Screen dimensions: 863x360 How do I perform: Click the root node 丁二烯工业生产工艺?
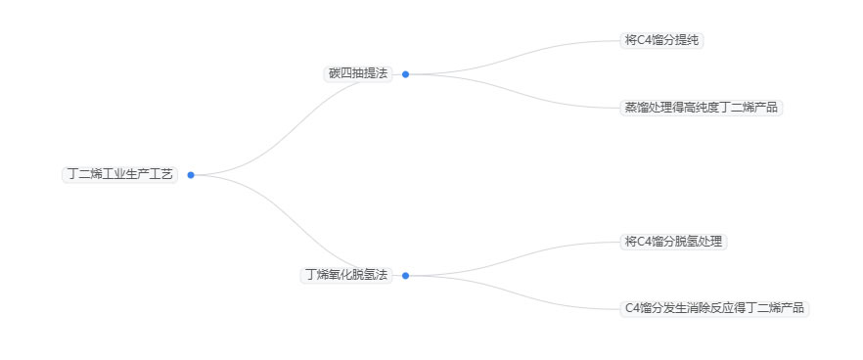tap(119, 174)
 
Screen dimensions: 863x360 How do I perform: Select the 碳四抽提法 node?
tap(357, 73)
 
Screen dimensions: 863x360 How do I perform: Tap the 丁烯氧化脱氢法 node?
tap(346, 275)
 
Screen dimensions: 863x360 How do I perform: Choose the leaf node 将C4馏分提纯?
tap(662, 40)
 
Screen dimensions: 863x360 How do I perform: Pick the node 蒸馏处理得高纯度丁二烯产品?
tap(702, 108)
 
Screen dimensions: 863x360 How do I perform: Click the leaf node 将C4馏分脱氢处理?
tap(673, 242)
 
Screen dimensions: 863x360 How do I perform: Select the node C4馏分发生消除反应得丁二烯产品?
tap(714, 308)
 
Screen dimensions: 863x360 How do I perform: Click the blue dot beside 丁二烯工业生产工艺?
tap(191, 175)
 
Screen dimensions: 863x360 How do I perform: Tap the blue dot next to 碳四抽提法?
tap(405, 73)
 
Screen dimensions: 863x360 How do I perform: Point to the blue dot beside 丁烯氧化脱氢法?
tap(405, 276)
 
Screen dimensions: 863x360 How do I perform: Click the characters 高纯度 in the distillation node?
tap(703, 108)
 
